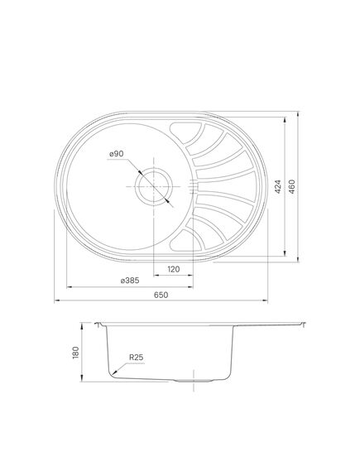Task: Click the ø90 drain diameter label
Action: [x=116, y=154]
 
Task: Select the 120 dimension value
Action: [x=174, y=269]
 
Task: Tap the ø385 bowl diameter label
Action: [x=131, y=281]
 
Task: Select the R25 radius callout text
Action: [x=135, y=358]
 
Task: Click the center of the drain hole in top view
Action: [x=152, y=186]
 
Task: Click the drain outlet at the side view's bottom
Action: [x=194, y=382]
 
